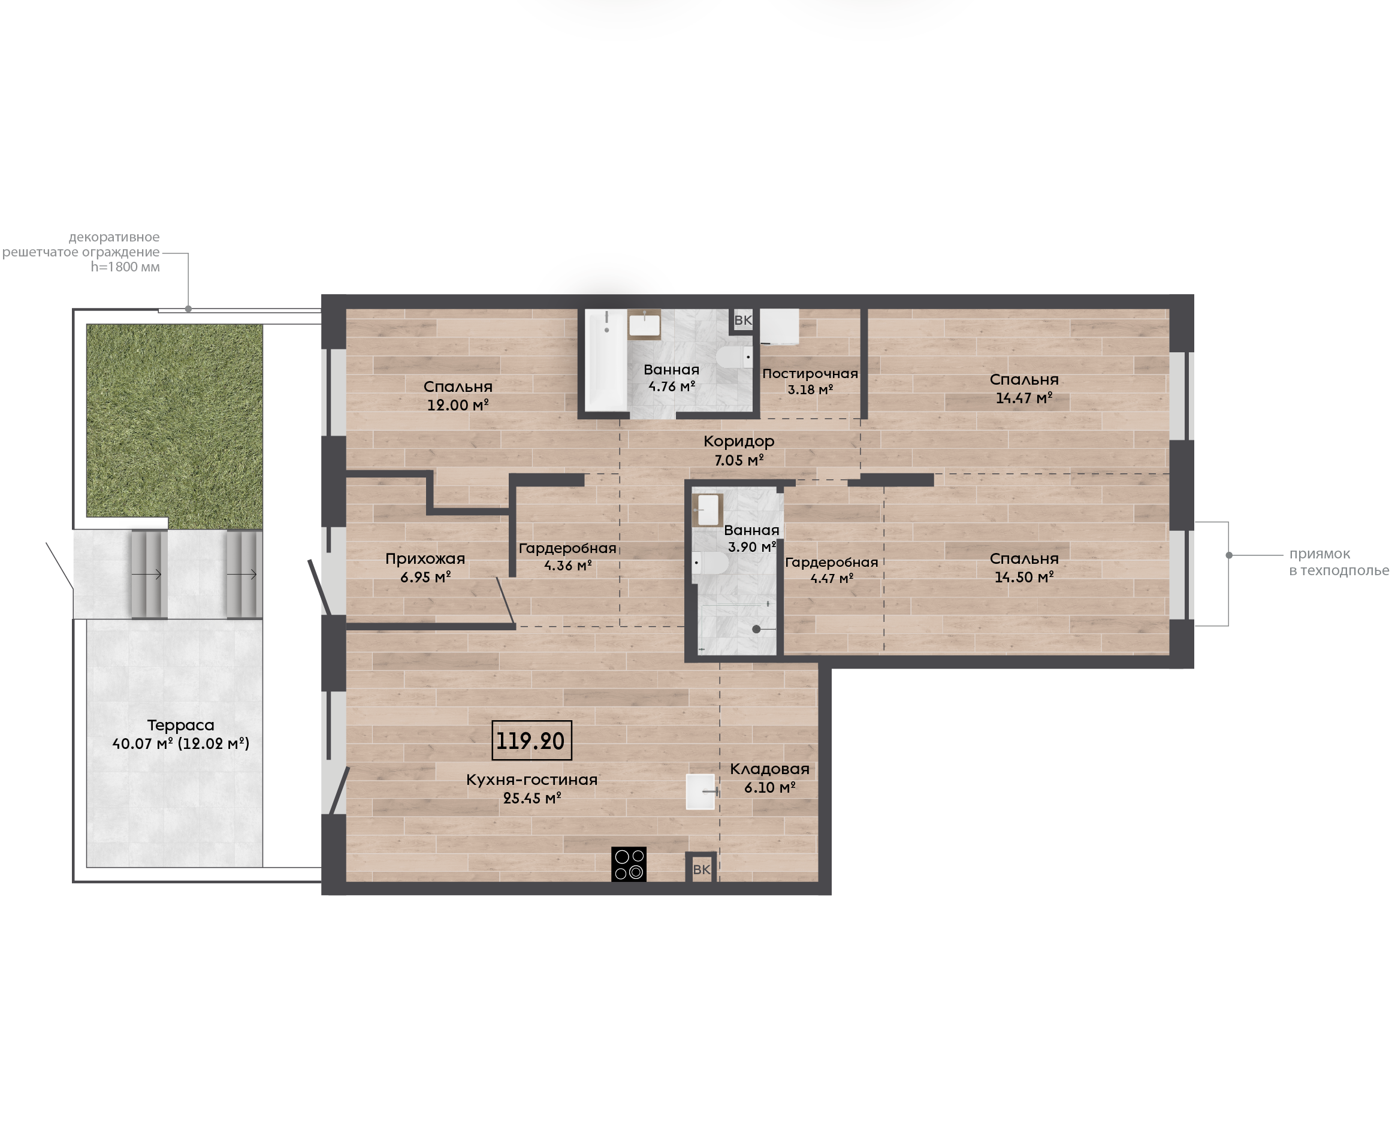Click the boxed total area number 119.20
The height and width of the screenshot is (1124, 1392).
tap(531, 740)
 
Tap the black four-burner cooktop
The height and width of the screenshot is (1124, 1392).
tap(629, 865)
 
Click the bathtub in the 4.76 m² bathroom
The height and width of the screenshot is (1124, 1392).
tap(605, 360)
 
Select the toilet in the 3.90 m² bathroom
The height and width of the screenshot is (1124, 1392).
tap(709, 563)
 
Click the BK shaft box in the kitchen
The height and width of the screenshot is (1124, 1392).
tap(701, 868)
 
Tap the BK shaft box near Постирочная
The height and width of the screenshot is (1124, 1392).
tap(742, 320)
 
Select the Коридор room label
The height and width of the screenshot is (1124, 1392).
tap(739, 442)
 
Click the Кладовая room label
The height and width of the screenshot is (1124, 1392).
tap(770, 769)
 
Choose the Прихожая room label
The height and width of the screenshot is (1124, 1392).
tap(425, 559)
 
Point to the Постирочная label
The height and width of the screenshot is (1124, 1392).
tap(810, 374)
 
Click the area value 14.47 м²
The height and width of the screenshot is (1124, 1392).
tap(1023, 398)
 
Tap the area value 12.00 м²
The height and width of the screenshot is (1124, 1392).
tap(458, 405)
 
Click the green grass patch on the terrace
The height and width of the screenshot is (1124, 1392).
tap(175, 424)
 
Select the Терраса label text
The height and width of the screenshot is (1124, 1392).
tap(180, 725)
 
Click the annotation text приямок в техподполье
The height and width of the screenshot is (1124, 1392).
tap(1338, 562)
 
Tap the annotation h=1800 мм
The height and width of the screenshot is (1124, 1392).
tap(125, 267)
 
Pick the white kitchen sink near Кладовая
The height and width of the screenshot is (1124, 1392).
tap(700, 792)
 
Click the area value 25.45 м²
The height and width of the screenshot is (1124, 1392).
tap(532, 798)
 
